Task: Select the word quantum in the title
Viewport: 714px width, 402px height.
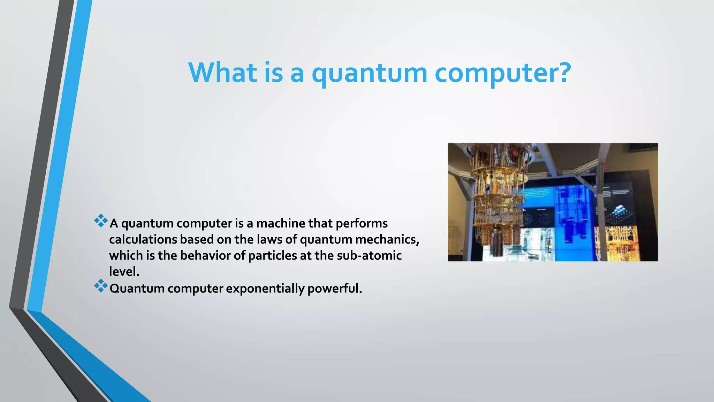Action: pos(369,73)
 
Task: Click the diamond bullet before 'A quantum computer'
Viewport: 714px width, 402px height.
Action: pos(101,221)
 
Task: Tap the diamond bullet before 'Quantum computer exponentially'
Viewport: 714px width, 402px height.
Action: pos(101,286)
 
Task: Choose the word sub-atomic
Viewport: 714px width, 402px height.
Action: pos(369,256)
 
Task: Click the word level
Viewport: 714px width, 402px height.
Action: pos(124,272)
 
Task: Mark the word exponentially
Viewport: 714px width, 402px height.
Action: pos(265,289)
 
